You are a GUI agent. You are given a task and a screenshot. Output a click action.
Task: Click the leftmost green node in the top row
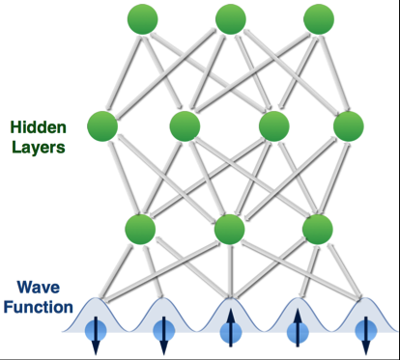coord(143,19)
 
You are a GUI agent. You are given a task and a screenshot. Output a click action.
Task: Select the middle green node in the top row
coord(231,19)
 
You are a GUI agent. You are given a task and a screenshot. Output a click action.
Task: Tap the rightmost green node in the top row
coord(319,19)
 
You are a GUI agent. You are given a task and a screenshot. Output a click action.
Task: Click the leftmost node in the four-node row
coord(102,126)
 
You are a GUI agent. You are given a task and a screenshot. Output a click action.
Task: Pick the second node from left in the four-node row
coord(185,126)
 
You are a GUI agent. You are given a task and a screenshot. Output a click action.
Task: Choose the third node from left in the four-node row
coord(274,126)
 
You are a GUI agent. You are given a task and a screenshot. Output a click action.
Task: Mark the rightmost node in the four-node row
coord(349,126)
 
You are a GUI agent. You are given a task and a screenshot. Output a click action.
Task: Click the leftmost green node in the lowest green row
coord(140,230)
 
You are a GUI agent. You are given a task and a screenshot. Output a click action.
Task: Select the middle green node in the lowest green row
coord(229,230)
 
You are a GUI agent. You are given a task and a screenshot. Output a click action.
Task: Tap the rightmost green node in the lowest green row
coord(317,230)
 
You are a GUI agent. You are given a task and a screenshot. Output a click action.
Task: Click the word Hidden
coord(39,127)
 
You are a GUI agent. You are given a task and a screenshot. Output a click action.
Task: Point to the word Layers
coord(39,148)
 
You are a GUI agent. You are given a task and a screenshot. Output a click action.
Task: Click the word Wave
coord(39,287)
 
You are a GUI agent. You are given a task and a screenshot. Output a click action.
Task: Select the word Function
coord(39,307)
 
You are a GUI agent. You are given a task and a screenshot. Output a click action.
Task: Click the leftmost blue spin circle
coord(96,331)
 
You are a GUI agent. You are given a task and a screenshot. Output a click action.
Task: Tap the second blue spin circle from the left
coord(163,331)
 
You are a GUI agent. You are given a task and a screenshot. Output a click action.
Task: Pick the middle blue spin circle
coord(231,332)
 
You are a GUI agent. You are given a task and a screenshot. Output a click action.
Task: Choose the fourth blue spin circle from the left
coord(298,332)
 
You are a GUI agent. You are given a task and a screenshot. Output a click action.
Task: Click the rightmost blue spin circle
coord(365,331)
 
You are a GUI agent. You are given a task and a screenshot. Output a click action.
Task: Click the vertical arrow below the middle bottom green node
coord(230,271)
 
